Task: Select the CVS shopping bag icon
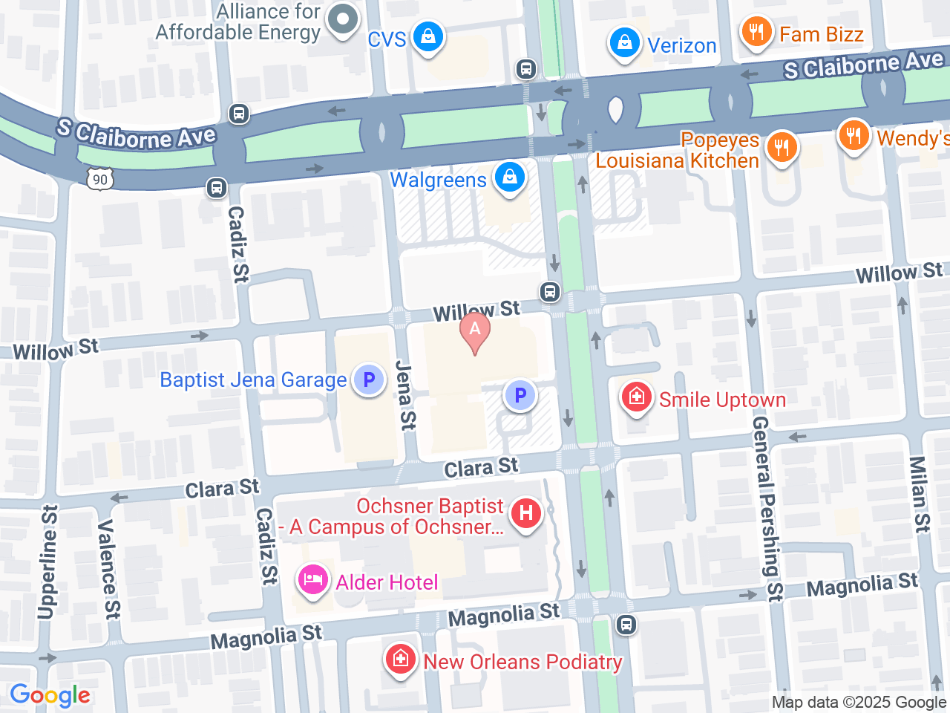click(x=427, y=36)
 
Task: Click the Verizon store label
click(x=681, y=45)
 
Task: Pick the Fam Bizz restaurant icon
click(x=756, y=32)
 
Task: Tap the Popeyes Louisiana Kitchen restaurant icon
click(x=781, y=146)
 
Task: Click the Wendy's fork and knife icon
click(x=854, y=136)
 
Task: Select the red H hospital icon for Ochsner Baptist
click(x=526, y=513)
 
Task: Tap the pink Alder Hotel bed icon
click(x=312, y=580)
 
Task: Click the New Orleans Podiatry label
click(x=522, y=662)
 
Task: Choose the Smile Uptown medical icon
click(x=636, y=397)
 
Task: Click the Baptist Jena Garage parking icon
click(x=368, y=380)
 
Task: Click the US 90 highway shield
click(x=100, y=179)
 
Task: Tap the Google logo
click(x=50, y=696)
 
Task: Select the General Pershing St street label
click(x=767, y=508)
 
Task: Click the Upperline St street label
click(x=47, y=561)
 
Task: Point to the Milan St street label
click(x=920, y=494)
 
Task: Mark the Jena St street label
click(x=405, y=395)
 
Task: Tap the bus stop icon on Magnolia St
click(x=626, y=625)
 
